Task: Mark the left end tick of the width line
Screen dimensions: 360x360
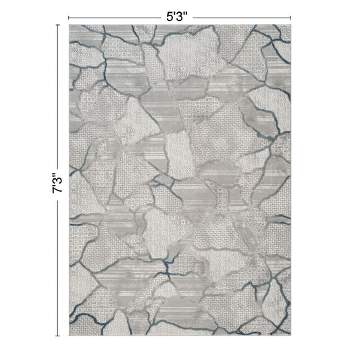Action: [68, 16]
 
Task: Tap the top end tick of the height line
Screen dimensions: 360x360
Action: [57, 24]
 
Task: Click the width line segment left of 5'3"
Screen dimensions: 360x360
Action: [115, 16]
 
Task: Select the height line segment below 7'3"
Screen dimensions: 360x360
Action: [57, 270]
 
